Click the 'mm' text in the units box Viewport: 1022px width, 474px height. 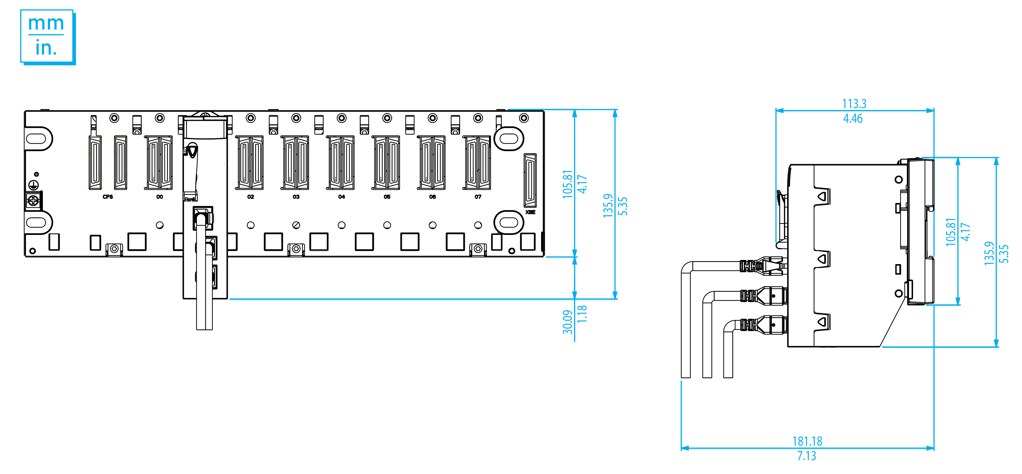point(46,24)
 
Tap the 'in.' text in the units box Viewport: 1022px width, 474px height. point(46,48)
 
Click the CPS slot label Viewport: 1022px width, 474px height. point(108,197)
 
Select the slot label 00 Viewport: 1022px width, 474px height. point(160,197)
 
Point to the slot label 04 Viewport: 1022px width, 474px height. point(342,197)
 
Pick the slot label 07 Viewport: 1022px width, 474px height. point(478,197)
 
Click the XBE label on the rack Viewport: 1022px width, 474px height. point(530,212)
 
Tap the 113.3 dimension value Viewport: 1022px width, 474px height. point(854,104)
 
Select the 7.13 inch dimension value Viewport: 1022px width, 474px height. point(807,456)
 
